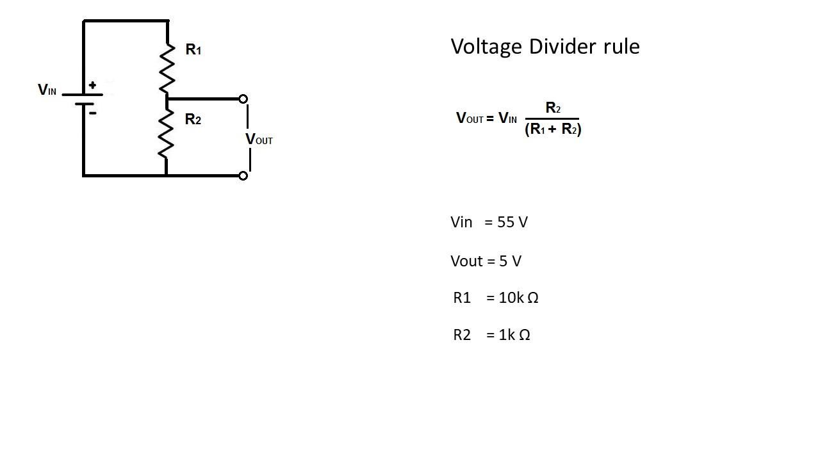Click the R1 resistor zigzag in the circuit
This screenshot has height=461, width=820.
(167, 69)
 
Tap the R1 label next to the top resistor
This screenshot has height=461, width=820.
(193, 49)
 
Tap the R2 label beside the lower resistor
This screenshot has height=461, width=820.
(193, 119)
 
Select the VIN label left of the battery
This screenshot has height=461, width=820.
(47, 90)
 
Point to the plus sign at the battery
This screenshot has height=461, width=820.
(93, 85)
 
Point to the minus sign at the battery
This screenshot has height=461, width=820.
(93, 113)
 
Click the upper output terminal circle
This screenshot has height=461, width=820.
(243, 99)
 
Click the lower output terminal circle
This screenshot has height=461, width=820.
(243, 175)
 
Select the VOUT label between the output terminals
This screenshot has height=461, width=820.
(259, 139)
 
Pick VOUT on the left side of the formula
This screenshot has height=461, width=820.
(469, 118)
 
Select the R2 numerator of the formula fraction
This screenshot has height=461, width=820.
(552, 108)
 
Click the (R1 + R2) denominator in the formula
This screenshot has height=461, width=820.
(553, 129)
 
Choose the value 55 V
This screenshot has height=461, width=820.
(512, 222)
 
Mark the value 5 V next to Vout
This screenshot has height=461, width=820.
(510, 261)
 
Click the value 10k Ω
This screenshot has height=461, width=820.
(518, 298)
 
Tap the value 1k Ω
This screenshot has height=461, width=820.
(514, 335)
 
